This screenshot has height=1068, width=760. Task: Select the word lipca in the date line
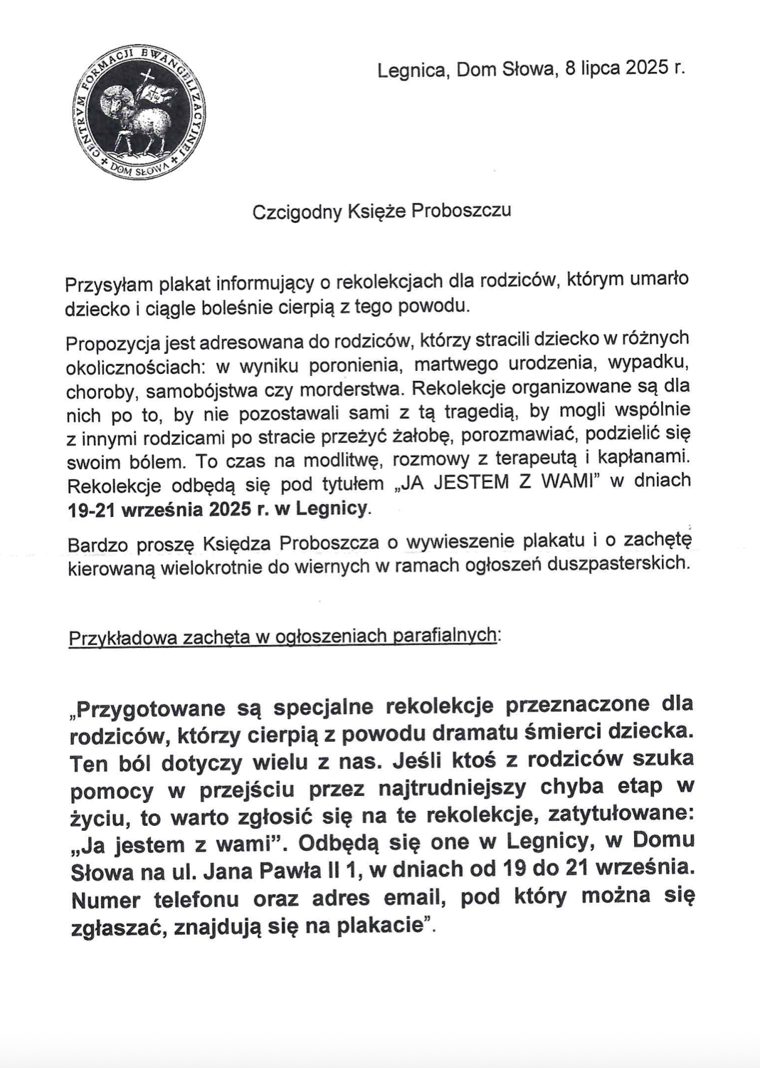[x=600, y=69]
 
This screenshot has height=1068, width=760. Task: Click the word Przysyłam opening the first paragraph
[x=108, y=285]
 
